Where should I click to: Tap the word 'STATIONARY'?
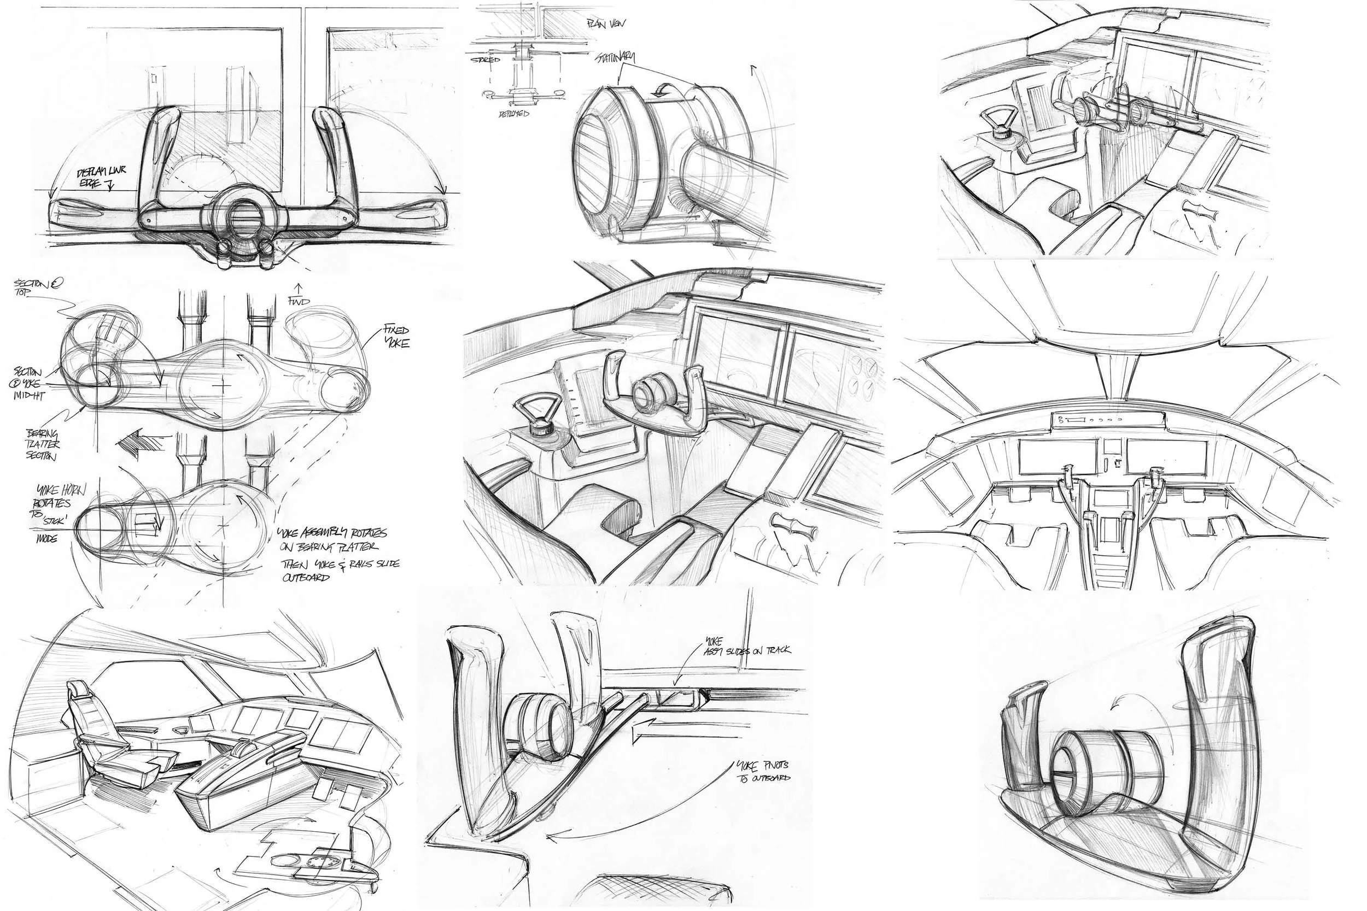(615, 58)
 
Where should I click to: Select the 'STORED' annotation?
(486, 60)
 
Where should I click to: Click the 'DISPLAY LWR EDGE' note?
(102, 177)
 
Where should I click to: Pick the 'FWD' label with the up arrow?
(299, 296)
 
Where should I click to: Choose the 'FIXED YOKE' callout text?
(396, 337)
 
